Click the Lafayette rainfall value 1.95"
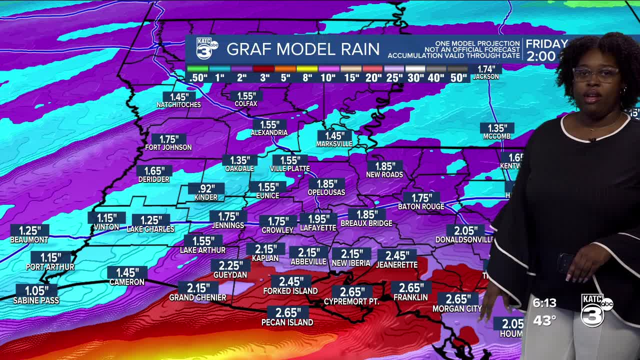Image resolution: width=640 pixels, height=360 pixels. (x=318, y=219)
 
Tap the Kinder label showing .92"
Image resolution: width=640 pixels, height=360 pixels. (x=206, y=189)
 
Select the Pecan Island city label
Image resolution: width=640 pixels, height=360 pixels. (x=287, y=322)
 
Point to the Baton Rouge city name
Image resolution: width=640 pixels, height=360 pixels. (x=421, y=206)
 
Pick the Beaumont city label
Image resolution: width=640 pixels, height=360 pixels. (x=29, y=240)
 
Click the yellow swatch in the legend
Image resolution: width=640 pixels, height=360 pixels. (x=307, y=69)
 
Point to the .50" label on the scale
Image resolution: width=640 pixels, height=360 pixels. (x=198, y=77)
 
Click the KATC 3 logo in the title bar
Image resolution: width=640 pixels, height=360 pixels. (x=206, y=49)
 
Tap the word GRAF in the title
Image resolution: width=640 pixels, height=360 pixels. (x=249, y=49)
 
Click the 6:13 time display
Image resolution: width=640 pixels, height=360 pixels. (x=544, y=303)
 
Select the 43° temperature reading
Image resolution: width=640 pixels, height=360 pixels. (x=544, y=320)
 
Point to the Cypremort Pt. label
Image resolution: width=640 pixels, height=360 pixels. (x=351, y=302)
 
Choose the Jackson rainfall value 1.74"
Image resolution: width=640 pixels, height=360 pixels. (x=486, y=69)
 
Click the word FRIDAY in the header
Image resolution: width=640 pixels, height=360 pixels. (x=546, y=44)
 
